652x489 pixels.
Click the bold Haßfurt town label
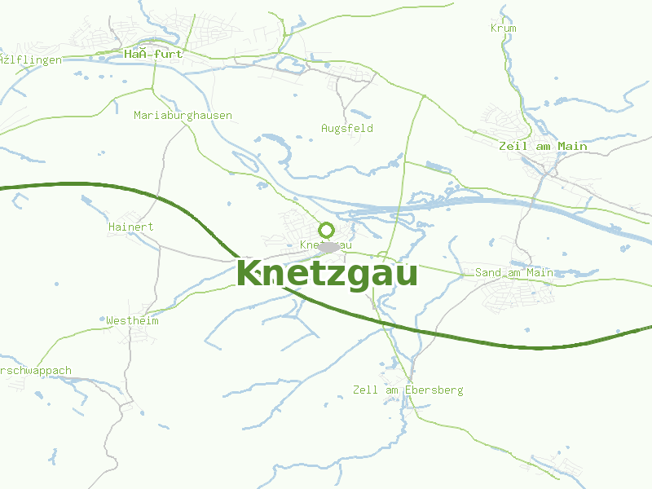[153, 54]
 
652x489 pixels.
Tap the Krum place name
[504, 29]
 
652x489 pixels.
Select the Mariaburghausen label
[183, 116]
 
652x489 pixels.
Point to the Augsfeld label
[347, 129]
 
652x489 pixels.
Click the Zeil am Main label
[543, 147]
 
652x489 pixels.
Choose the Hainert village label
[130, 227]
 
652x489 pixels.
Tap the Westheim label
[132, 321]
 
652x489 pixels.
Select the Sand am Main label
[513, 273]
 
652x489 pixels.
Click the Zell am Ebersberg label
[407, 390]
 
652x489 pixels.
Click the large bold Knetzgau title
[327, 274]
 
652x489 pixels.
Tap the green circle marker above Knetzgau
[327, 230]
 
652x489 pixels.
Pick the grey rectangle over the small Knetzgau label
[331, 245]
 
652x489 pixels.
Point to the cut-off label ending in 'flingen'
[31, 60]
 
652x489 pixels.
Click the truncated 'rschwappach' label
[36, 371]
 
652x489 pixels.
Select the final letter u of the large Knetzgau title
[405, 275]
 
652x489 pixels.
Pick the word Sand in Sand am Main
[487, 273]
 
